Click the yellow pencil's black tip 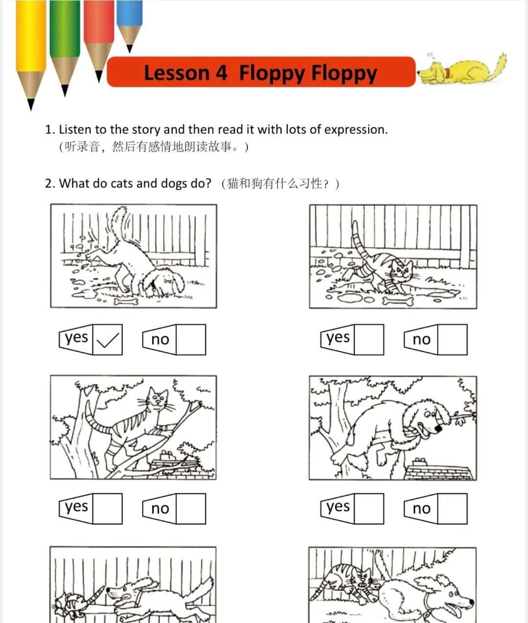pyautogui.click(x=31, y=104)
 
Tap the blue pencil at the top pyautogui.click(x=130, y=20)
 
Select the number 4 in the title pyautogui.click(x=221, y=73)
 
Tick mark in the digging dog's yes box pyautogui.click(x=108, y=339)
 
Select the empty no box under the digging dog pyautogui.click(x=191, y=339)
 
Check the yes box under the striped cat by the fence pyautogui.click(x=369, y=339)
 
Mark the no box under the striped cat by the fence pyautogui.click(x=452, y=339)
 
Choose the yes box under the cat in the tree pyautogui.click(x=108, y=508)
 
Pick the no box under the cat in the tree pyautogui.click(x=191, y=508)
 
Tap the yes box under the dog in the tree pyautogui.click(x=369, y=508)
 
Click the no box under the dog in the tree pyautogui.click(x=452, y=508)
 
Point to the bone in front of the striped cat pyautogui.click(x=398, y=300)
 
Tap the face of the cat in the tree pyautogui.click(x=158, y=399)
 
